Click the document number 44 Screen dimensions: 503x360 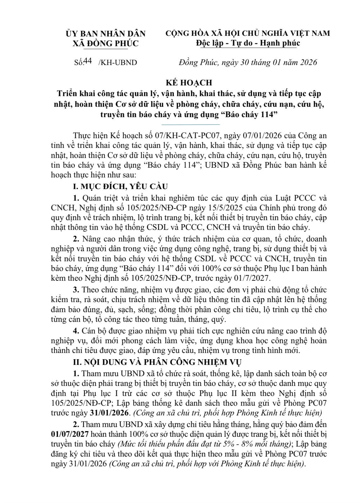coord(88,61)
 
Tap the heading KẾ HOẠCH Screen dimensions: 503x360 coord(189,83)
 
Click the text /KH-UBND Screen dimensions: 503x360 coord(118,62)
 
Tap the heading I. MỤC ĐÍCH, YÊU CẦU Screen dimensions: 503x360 coord(120,187)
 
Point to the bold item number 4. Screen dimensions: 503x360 coord(75,331)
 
